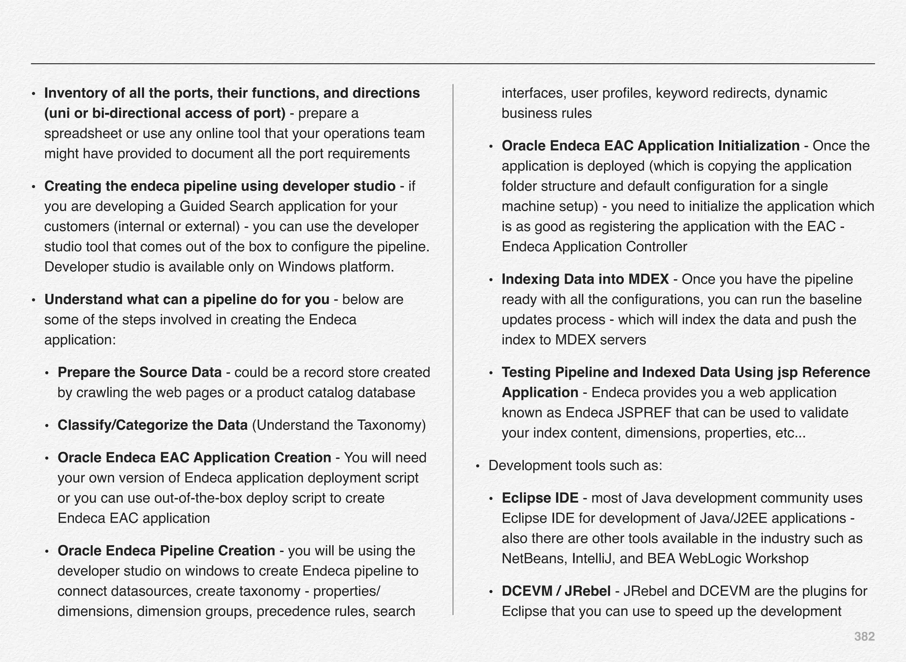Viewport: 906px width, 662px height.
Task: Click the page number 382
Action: point(864,636)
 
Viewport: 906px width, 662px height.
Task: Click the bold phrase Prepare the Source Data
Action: point(139,372)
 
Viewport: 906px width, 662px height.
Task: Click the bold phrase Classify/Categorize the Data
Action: point(152,425)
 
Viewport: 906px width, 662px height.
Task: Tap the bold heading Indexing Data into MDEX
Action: point(585,279)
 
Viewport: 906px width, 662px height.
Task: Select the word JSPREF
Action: point(644,413)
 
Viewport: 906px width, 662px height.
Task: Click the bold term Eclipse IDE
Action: point(540,498)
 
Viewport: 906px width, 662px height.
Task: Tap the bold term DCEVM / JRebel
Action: point(556,591)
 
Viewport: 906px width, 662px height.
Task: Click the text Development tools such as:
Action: point(575,466)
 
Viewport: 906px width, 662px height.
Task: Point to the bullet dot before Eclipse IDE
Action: point(491,499)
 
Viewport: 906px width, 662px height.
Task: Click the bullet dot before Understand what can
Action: point(34,300)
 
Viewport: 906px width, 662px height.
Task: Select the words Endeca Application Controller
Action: point(594,246)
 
